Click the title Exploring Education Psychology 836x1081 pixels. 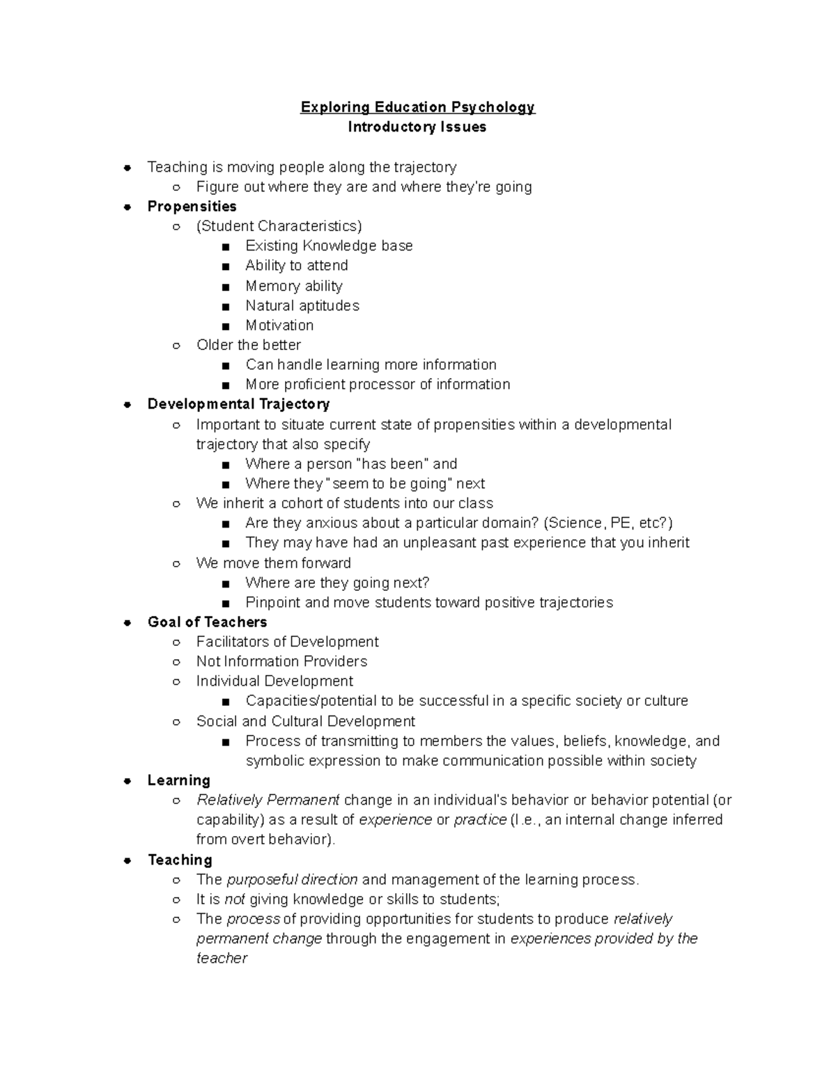tap(417, 107)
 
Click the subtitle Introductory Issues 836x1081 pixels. tap(417, 127)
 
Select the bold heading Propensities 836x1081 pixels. tap(192, 206)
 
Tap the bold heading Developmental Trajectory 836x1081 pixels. tap(238, 404)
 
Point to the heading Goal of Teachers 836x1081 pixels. tap(207, 622)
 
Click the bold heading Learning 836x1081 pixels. tap(178, 780)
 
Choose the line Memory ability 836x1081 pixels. tap(293, 285)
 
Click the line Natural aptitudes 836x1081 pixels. tap(302, 306)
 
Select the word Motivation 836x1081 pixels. tap(279, 325)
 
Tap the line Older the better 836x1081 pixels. tap(248, 345)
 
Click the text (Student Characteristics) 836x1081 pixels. tap(279, 226)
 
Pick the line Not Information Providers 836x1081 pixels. tap(281, 661)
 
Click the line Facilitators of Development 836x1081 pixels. tap(287, 641)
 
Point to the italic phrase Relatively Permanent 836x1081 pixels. tap(268, 800)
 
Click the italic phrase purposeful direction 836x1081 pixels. tap(293, 879)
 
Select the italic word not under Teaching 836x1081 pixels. tap(235, 899)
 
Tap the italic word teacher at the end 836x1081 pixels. tap(222, 958)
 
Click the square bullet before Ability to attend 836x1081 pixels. tap(225, 267)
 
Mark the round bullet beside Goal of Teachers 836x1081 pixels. tap(127, 622)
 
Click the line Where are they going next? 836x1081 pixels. tap(337, 583)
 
